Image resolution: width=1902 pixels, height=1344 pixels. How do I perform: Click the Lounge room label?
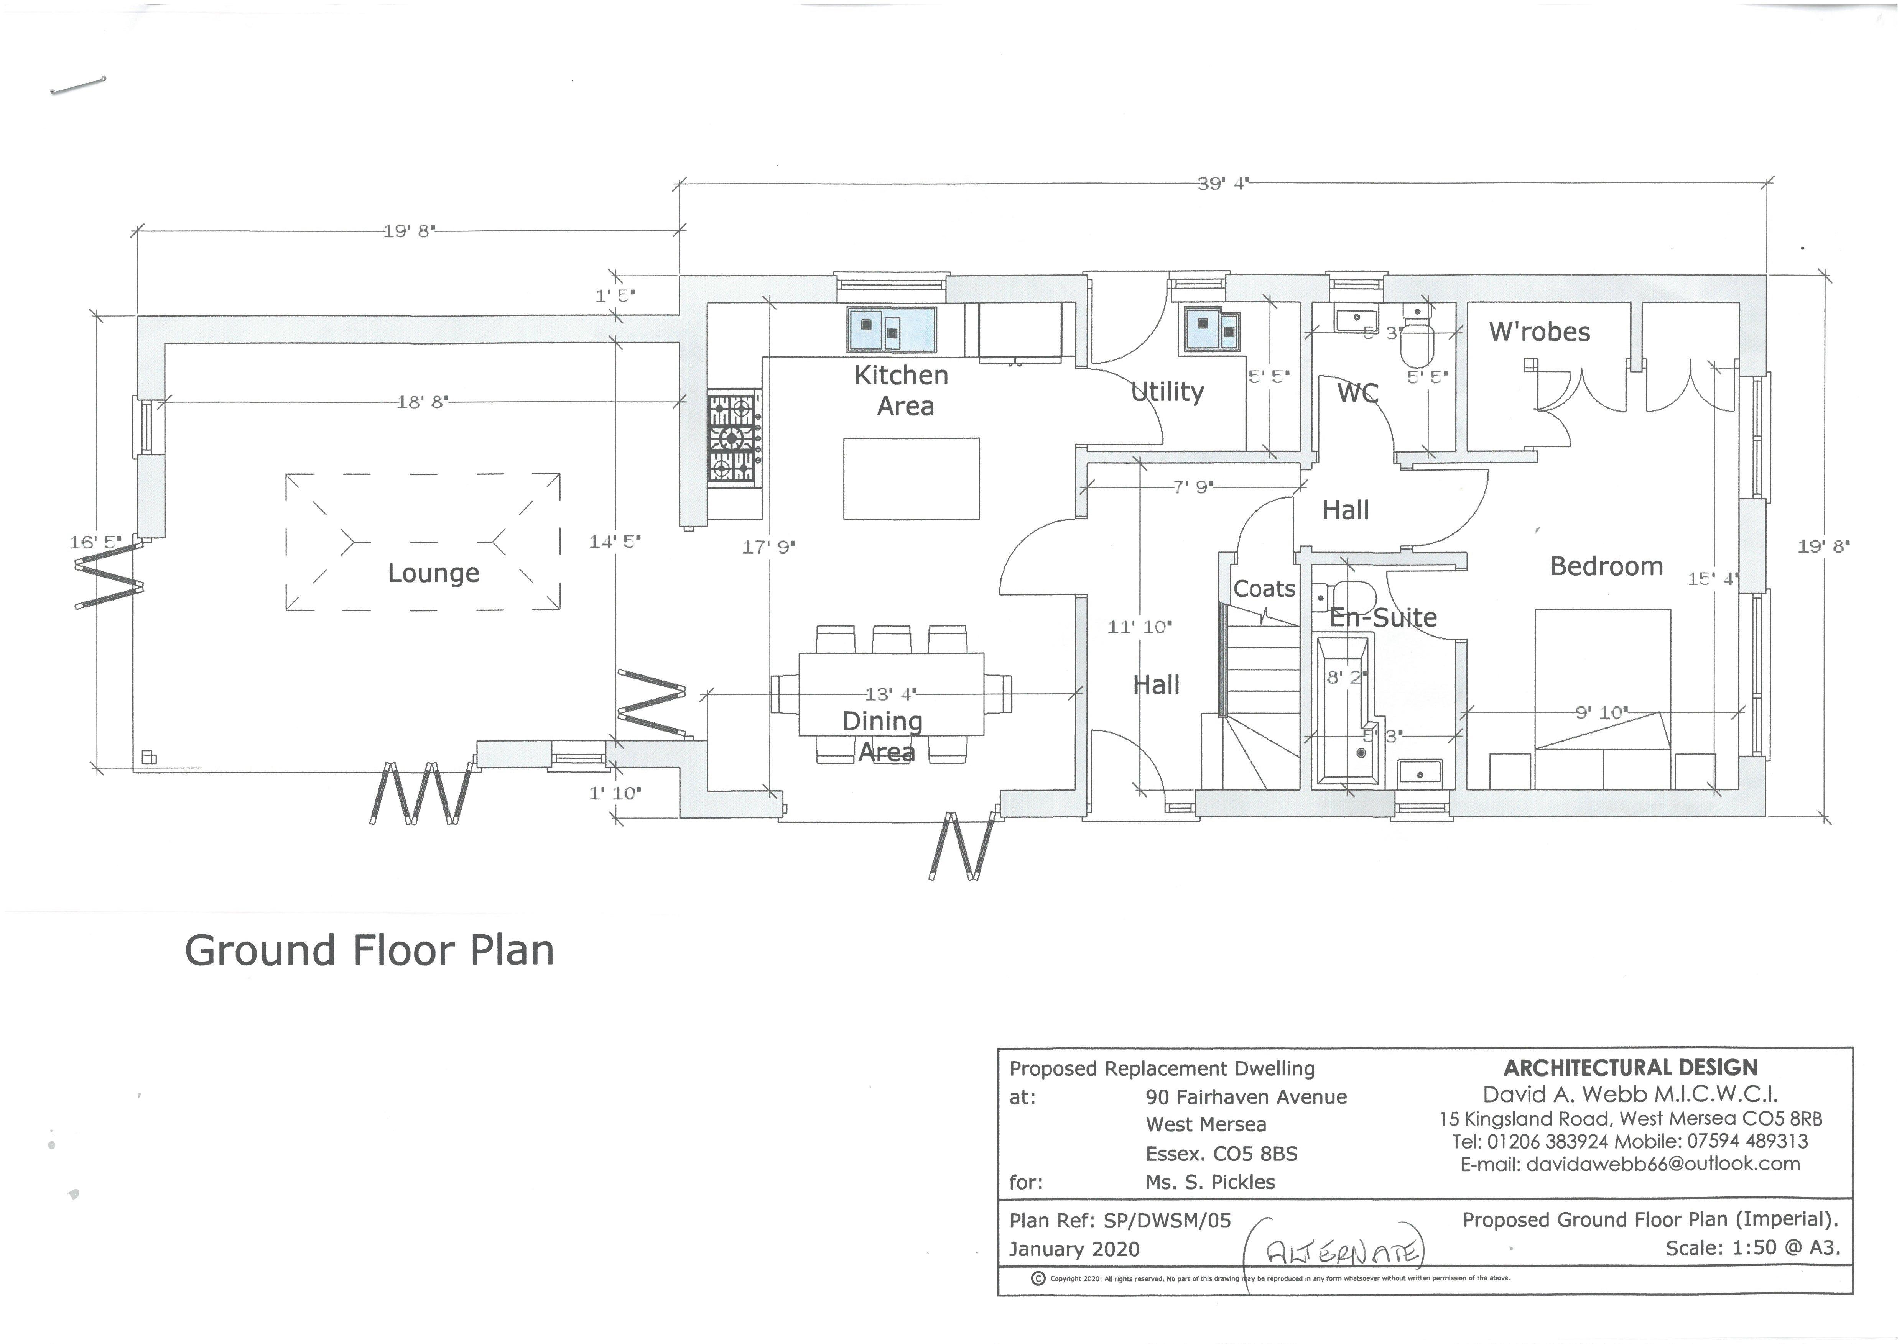(x=433, y=573)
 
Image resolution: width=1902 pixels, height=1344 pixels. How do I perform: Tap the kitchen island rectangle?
(x=911, y=479)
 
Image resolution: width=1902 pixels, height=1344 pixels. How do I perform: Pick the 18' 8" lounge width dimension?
(x=423, y=402)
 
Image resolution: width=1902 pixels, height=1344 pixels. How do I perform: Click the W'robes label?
(x=1539, y=332)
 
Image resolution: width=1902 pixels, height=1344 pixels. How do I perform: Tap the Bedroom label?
(x=1606, y=566)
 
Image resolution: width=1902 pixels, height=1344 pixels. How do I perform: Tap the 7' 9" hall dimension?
(x=1193, y=488)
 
